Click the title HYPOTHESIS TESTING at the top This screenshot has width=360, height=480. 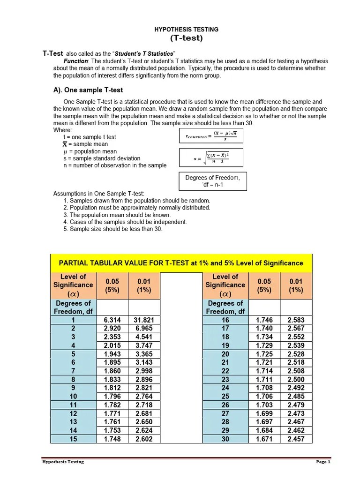(x=186, y=30)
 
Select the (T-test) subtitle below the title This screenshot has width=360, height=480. (x=186, y=38)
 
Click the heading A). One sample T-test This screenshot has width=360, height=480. (x=88, y=90)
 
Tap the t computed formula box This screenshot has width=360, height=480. (x=211, y=136)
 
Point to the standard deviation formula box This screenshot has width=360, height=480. (x=211, y=158)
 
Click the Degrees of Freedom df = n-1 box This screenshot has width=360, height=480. (x=212, y=181)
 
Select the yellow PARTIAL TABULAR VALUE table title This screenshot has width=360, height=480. (x=181, y=263)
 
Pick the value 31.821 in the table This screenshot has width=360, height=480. (x=144, y=320)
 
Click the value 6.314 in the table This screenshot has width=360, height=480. (x=112, y=320)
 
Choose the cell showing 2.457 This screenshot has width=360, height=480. (x=296, y=439)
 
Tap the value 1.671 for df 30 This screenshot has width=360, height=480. (x=264, y=439)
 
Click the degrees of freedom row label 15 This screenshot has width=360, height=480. (x=73, y=439)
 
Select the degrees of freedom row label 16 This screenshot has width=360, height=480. (x=225, y=320)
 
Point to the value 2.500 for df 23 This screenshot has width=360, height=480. (x=296, y=380)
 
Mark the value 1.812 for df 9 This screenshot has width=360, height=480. (x=112, y=388)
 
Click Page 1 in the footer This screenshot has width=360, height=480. (x=323, y=462)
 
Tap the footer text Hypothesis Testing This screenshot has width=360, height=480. (x=63, y=462)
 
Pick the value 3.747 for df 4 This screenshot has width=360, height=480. (x=144, y=345)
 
